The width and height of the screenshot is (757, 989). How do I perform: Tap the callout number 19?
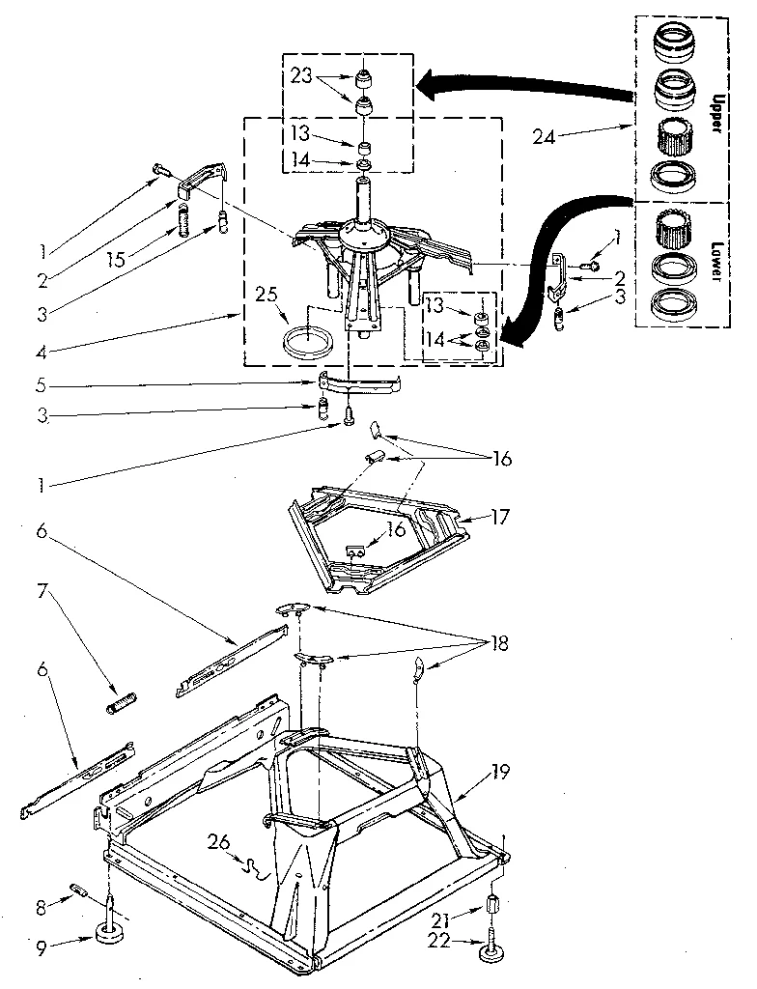point(501,773)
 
